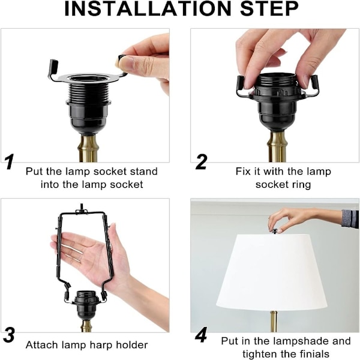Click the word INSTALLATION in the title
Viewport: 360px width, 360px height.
pos(148,9)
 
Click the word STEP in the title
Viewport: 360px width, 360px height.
pos(269,9)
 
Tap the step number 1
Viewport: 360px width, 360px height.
pos(10,161)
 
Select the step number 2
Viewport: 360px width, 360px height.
pos(202,162)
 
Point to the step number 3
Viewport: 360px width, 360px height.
pos(9,335)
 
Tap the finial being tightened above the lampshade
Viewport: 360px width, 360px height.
pos(274,231)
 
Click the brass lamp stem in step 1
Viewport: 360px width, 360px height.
pos(88,148)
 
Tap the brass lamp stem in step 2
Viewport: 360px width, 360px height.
pos(277,147)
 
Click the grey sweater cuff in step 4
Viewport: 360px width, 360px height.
pos(350,219)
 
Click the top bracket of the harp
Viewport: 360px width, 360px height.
pos(82,211)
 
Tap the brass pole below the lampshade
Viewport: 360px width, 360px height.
pos(273,322)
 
